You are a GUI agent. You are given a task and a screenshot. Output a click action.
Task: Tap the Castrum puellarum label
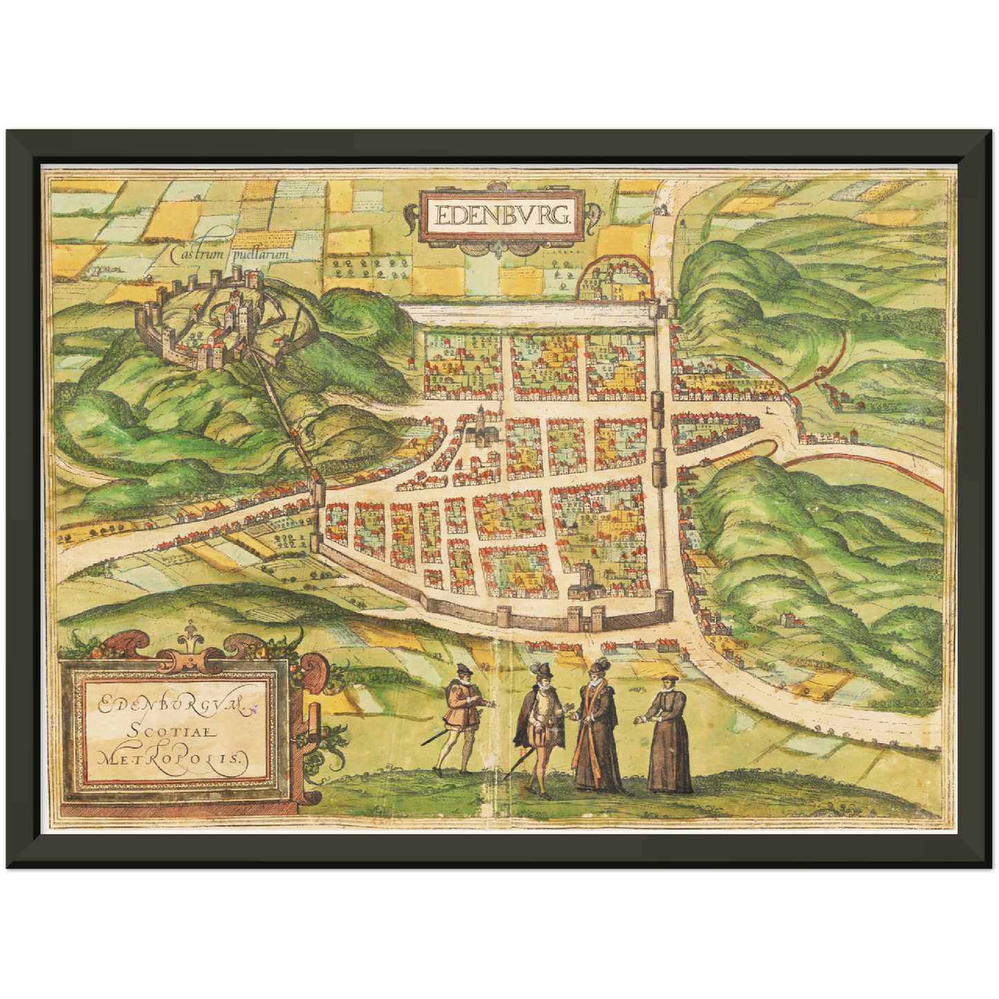coord(229,254)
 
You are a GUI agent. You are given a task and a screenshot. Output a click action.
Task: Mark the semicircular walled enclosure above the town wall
coord(615,280)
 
